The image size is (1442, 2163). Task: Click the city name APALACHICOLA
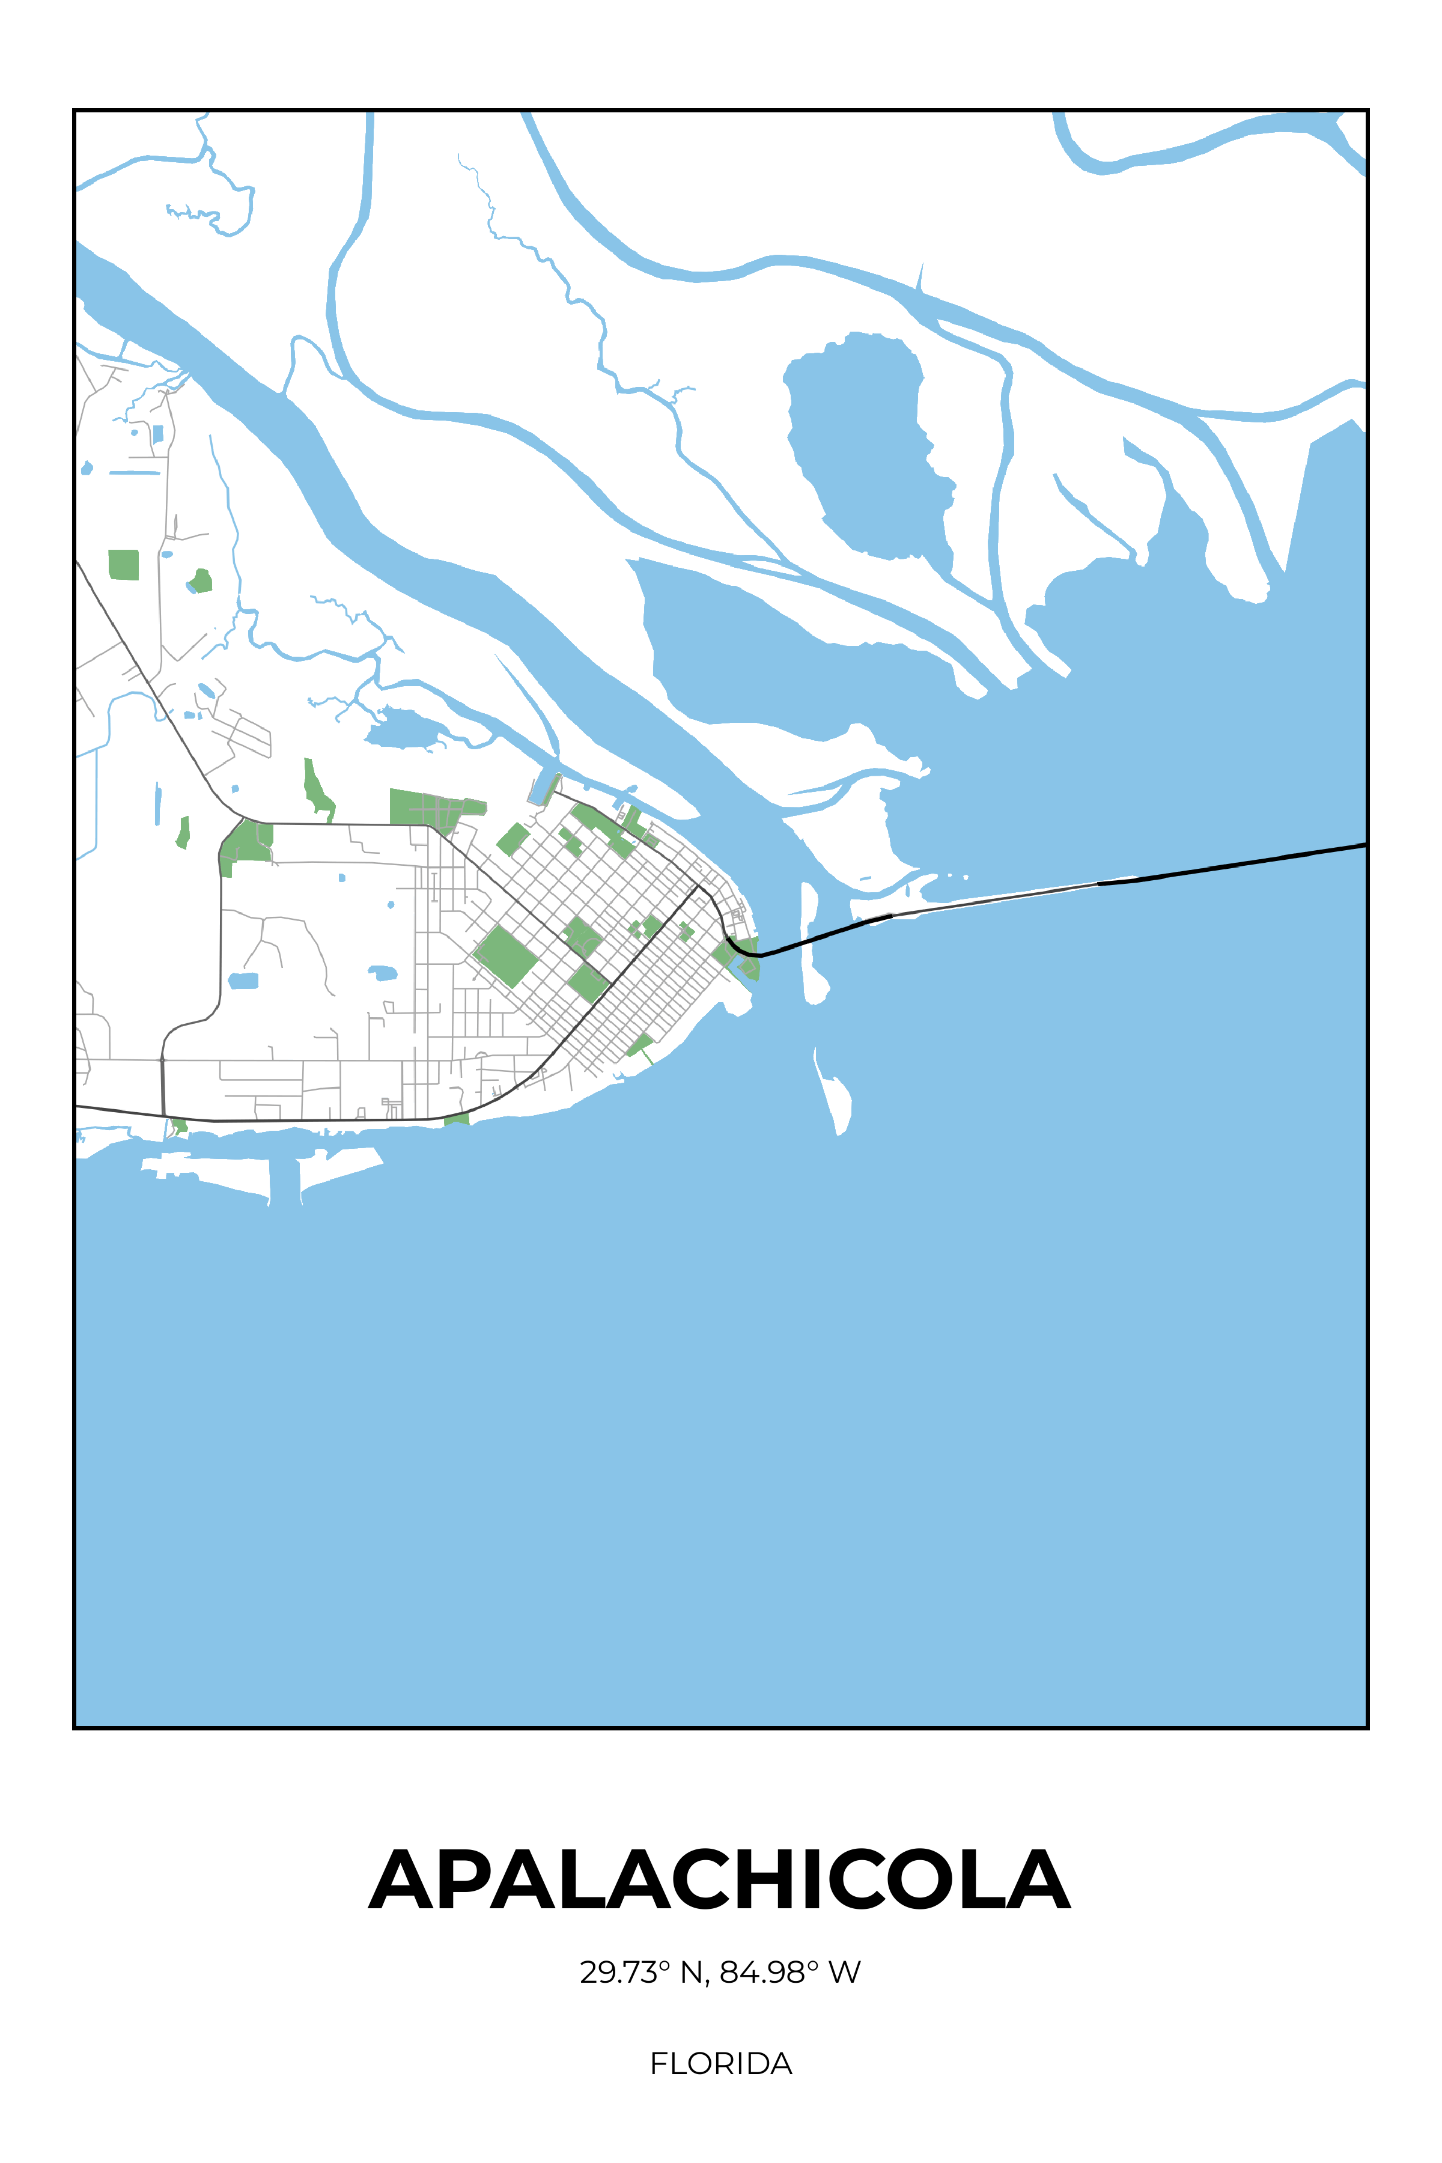[x=720, y=1880]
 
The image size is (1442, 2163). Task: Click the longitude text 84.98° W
[x=790, y=1973]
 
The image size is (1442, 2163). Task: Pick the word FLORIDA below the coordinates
[x=720, y=2064]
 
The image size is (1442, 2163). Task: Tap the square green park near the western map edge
[x=123, y=565]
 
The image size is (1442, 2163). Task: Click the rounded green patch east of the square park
[x=201, y=581]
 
